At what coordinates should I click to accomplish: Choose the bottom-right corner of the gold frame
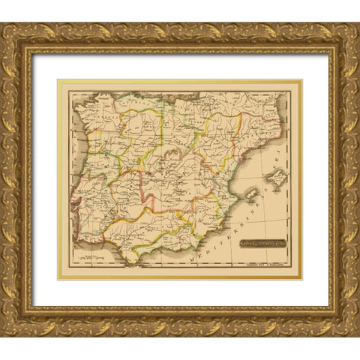point(356,334)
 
